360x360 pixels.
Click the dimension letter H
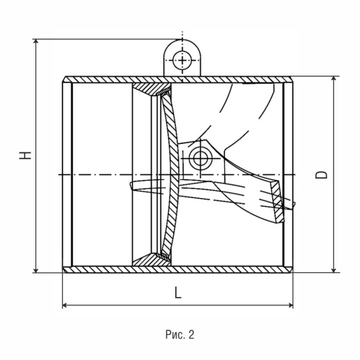pyautogui.click(x=25, y=155)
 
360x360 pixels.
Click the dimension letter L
pyautogui.click(x=178, y=292)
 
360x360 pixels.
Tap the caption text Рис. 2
pyautogui.click(x=180, y=334)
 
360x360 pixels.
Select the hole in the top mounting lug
pyautogui.click(x=182, y=60)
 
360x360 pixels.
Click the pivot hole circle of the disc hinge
pyautogui.click(x=200, y=159)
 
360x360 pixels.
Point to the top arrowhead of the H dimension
pyautogui.click(x=35, y=42)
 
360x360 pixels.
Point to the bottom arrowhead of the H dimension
pyautogui.click(x=35, y=270)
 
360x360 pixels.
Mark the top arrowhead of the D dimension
pyautogui.click(x=334, y=79)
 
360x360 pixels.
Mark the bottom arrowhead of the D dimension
pyautogui.click(x=334, y=270)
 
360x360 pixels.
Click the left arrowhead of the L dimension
pyautogui.click(x=65, y=305)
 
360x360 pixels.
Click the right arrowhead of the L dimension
pyautogui.click(x=290, y=305)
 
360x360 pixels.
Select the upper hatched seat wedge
pyautogui.click(x=150, y=88)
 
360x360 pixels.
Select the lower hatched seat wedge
pyautogui.click(x=150, y=260)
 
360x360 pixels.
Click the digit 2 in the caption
pyautogui.click(x=191, y=334)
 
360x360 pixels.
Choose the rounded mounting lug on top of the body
pyautogui.click(x=182, y=57)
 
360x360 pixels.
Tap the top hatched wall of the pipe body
pyautogui.click(x=178, y=80)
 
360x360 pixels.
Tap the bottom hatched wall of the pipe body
pyautogui.click(x=178, y=269)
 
